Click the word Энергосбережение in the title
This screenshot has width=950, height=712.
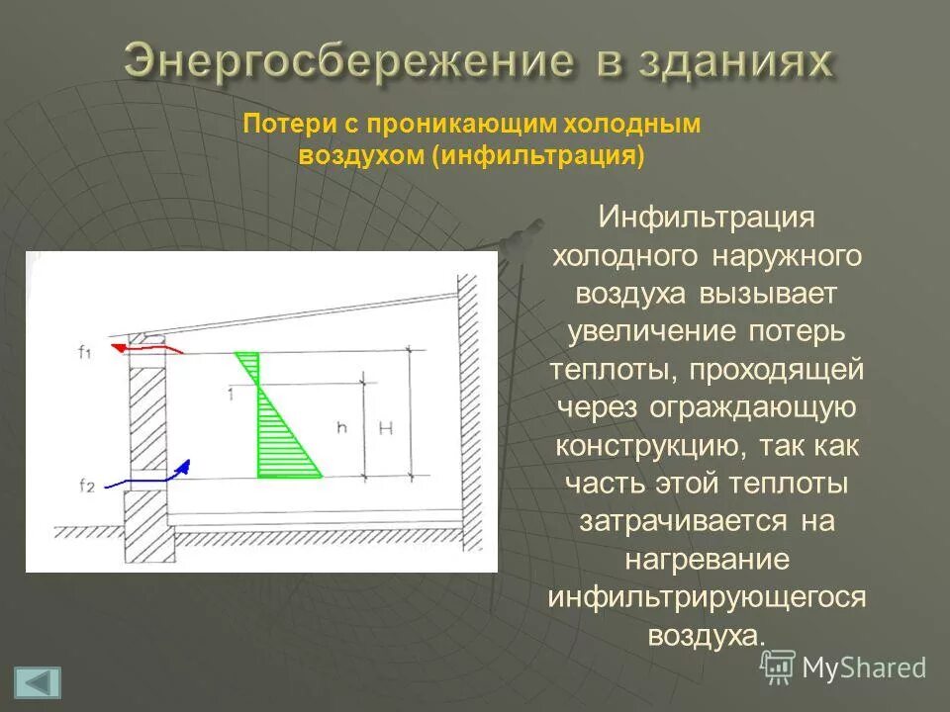tap(348, 61)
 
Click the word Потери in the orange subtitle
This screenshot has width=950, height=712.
tap(279, 125)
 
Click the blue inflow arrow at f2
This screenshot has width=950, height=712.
tap(148, 479)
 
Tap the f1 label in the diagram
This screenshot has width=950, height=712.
tap(85, 350)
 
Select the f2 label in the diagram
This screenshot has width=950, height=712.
tap(86, 485)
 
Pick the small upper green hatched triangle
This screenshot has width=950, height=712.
tap(250, 366)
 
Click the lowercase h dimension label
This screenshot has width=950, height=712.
tap(341, 427)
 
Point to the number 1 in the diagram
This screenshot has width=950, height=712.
tap(229, 395)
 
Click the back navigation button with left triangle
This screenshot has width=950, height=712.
tap(38, 682)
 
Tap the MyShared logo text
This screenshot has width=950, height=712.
tap(863, 667)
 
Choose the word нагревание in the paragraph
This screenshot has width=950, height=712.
tap(707, 559)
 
